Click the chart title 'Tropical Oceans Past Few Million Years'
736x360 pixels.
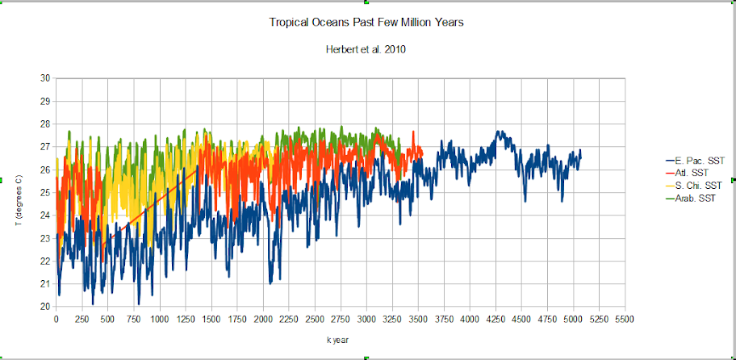(x=366, y=22)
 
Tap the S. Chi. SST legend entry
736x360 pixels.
(x=691, y=185)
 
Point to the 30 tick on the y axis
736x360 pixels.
(x=45, y=78)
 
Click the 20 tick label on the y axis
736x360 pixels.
(x=45, y=307)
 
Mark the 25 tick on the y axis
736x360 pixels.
(x=45, y=192)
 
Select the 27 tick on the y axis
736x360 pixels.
(x=45, y=147)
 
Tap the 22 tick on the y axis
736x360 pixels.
(x=45, y=261)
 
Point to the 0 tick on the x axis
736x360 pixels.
(x=56, y=320)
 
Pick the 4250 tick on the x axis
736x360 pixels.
(x=496, y=320)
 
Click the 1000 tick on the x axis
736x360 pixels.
(x=160, y=320)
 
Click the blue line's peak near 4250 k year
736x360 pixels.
(x=500, y=132)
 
